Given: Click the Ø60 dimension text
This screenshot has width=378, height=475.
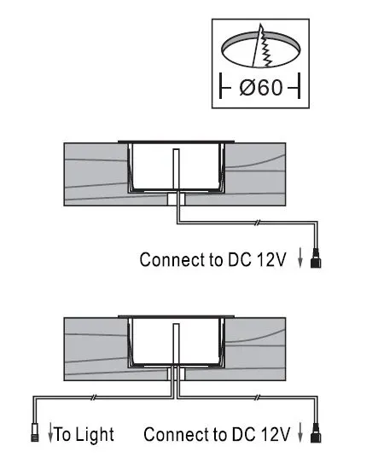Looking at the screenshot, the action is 261,88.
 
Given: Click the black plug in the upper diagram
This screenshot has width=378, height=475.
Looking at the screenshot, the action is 316,258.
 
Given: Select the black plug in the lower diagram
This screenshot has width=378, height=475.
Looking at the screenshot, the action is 316,432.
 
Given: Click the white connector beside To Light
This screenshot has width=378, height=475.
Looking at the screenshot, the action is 35,432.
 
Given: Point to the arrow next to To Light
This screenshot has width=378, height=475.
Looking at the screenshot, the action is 50,433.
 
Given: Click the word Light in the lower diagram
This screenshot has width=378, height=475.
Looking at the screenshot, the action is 95,435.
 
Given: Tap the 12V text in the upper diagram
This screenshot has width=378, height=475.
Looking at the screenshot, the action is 271,259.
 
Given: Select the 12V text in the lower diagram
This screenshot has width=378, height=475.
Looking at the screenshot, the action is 276,434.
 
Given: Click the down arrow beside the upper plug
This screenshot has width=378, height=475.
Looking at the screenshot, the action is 300,258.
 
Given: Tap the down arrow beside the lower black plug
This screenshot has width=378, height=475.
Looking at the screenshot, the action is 300,432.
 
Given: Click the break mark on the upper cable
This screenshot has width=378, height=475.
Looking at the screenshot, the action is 257,223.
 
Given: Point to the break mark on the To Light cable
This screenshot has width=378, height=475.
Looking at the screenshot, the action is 94,397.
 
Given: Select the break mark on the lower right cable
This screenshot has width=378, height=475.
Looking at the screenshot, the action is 258,397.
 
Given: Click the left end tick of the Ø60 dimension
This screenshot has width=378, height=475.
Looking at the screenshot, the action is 222,85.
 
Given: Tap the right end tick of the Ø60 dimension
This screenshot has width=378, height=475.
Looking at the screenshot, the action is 299,85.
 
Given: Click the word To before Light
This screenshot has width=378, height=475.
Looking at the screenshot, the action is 62,434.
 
